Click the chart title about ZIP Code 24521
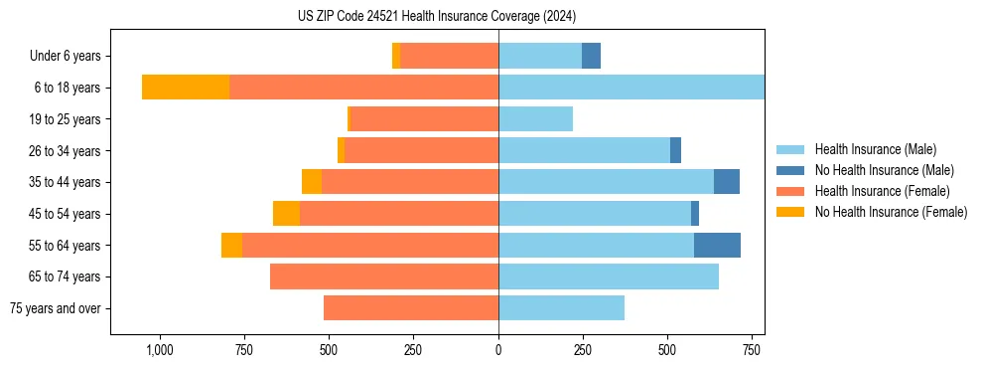click(436, 17)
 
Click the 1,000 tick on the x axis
click(160, 350)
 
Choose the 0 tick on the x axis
click(498, 350)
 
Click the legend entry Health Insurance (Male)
click(875, 149)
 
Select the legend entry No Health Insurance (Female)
click(891, 212)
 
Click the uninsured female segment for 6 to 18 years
click(186, 88)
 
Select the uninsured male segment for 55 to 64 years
click(717, 245)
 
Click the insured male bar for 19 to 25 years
click(535, 119)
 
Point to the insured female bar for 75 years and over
click(411, 308)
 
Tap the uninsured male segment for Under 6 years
click(591, 56)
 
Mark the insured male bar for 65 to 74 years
click(609, 276)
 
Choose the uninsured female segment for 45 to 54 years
click(286, 214)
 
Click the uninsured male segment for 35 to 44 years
click(726, 182)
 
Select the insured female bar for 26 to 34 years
click(422, 150)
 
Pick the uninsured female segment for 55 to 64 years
click(231, 245)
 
